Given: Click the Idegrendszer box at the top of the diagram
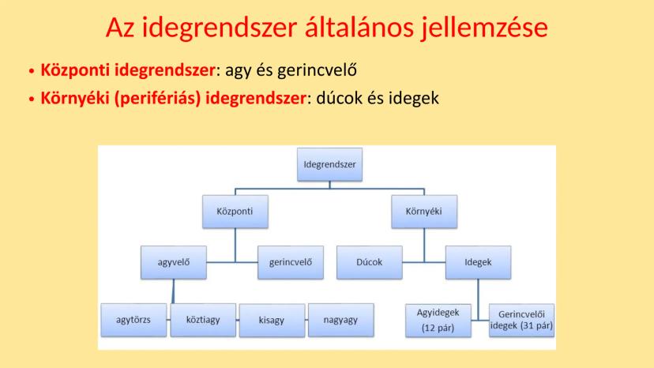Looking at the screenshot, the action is coord(329,164).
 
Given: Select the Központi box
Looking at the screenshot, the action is coord(235,212).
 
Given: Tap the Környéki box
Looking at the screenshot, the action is coord(424,212).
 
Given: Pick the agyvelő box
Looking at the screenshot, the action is coord(174,262).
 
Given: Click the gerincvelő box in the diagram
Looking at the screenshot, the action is coord(291,262).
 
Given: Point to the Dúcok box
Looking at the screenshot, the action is coord(370,262).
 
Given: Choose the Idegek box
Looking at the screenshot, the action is coord(479,262).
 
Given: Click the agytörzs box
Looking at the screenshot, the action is coord(133,320).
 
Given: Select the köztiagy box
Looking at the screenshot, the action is coord(203,320).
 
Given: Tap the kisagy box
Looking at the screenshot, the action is coord(272,321).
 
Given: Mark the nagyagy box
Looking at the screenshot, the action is coord(341,320).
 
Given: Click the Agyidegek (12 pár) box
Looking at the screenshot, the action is coord(438,321).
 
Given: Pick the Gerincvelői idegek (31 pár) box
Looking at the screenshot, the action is coord(522,321).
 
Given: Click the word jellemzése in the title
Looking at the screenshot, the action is coord(484,28).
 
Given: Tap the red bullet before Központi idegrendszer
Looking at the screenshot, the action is coord(32,71).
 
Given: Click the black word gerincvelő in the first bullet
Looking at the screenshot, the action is coord(317,70).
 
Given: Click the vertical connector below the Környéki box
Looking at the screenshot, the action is coord(424,246).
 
